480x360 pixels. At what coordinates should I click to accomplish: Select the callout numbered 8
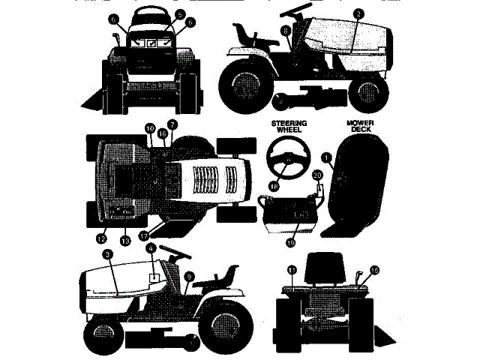(x=286, y=31)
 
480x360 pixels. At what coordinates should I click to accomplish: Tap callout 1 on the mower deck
(x=326, y=157)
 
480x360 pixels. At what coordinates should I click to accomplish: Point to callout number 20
(x=316, y=175)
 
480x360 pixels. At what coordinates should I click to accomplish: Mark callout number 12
(x=100, y=238)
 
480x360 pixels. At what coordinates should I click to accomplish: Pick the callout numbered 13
(x=124, y=240)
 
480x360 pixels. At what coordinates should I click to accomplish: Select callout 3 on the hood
(x=108, y=256)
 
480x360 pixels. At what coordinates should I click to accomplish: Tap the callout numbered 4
(x=151, y=248)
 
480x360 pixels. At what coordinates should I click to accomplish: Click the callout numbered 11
(x=292, y=269)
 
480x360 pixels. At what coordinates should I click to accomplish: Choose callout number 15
(x=374, y=270)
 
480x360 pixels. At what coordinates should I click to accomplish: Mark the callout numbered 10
(x=149, y=128)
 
